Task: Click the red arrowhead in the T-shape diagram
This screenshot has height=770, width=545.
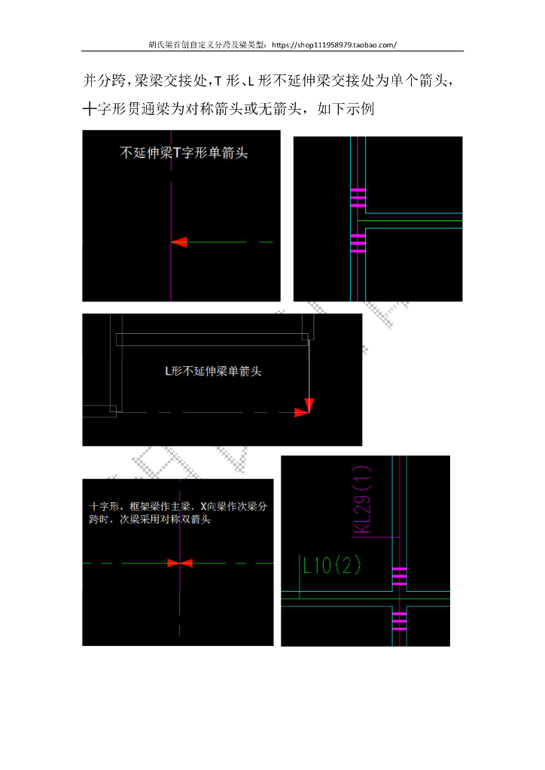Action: coord(178,242)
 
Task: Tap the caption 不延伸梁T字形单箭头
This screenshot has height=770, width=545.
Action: coord(184,153)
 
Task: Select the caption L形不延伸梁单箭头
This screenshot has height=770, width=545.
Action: coord(213,371)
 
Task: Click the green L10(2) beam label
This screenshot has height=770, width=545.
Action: coord(332,565)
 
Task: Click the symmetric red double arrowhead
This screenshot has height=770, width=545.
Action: coord(180,562)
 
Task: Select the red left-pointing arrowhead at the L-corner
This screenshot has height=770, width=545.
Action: coord(302,411)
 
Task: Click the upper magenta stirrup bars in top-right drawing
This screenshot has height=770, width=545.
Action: coord(358,197)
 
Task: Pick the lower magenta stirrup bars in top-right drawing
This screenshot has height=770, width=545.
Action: coord(358,243)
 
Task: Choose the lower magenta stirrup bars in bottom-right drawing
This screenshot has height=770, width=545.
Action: coord(399,620)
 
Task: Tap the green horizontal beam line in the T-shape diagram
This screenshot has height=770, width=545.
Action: coord(226,242)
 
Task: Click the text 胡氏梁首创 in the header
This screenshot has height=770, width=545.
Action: coord(169,44)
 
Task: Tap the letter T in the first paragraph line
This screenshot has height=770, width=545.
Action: coord(218,80)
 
